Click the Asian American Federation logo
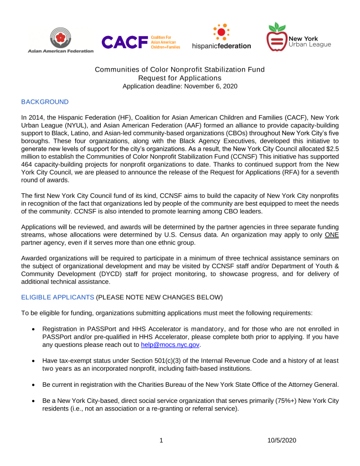point(60,40)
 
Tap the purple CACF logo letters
point(124,42)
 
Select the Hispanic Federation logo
point(222,37)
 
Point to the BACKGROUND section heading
point(45,102)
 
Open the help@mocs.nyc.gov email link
point(169,345)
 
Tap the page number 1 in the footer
point(161,441)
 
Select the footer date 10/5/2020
point(281,441)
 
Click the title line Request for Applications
point(179,78)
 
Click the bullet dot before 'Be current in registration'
point(34,385)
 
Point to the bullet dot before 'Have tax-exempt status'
point(34,361)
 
